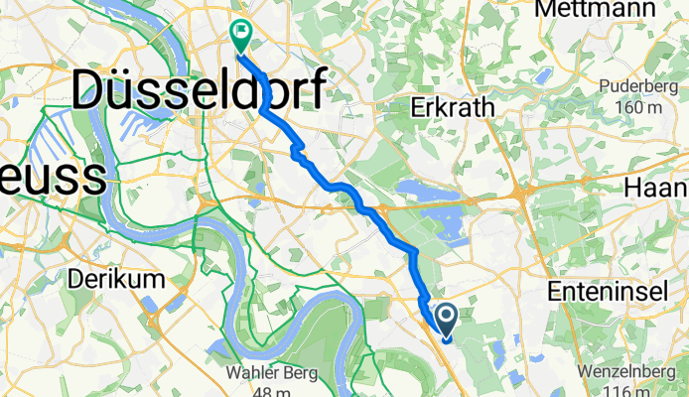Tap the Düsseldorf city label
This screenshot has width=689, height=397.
coord(199,93)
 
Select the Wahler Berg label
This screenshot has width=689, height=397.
coord(270,374)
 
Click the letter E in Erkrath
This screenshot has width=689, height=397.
coord(416,108)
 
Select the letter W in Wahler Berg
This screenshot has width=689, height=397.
coord(233,374)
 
